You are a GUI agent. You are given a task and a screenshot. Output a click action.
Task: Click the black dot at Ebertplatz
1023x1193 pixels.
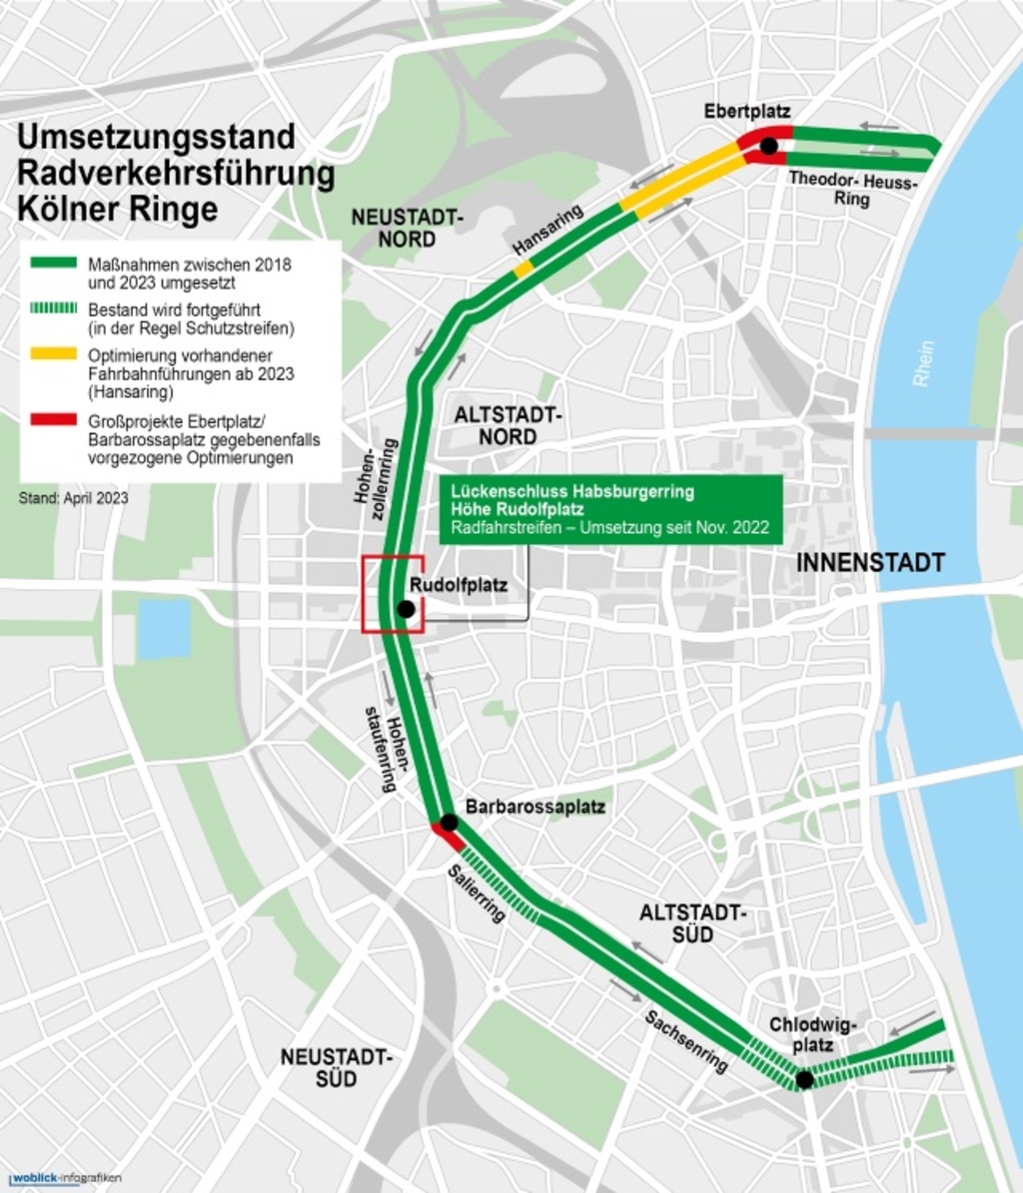(x=768, y=147)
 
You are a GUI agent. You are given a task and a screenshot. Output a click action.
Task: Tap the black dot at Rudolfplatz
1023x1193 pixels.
(x=406, y=609)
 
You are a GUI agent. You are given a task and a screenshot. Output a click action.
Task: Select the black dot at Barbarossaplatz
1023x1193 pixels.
(x=449, y=823)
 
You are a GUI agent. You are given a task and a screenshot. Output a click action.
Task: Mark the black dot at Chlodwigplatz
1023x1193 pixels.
(x=803, y=1079)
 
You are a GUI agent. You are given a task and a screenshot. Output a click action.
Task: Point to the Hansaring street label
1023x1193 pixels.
(x=546, y=239)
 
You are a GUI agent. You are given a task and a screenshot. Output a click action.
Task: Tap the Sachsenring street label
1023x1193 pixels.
(x=686, y=1041)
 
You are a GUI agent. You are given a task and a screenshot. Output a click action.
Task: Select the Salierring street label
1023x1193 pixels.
(x=477, y=895)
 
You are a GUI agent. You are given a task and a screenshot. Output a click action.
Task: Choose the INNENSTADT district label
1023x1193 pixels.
(x=869, y=563)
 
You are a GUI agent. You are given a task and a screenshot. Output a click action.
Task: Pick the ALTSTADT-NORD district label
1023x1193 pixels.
(x=509, y=425)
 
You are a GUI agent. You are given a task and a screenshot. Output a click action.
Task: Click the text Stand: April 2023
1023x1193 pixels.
(x=73, y=497)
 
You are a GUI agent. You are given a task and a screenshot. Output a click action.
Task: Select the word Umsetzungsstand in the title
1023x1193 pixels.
(x=156, y=137)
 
